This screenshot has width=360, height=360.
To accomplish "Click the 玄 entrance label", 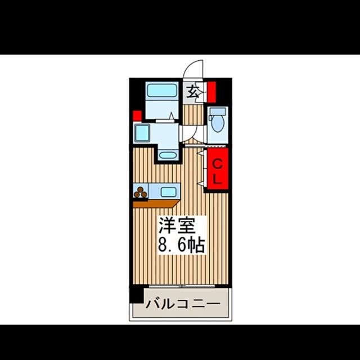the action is pos(192,92).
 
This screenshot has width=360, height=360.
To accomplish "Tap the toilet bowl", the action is pos(218,124).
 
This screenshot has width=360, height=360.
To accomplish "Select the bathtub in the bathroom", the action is pos(162,90).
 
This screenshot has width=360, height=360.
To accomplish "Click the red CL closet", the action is pos(218,169).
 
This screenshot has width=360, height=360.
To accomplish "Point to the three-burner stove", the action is pos(141,192).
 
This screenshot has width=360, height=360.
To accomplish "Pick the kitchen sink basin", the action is pos(169,192).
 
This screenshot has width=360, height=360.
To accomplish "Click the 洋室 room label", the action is pos(177,225).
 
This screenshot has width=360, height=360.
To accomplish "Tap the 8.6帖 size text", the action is pos(181,245).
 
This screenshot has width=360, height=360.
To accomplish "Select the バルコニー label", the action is pos(183,304).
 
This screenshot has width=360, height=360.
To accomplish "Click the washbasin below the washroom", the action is pos(168,155).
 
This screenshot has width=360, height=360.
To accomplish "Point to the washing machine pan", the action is pos(142,133).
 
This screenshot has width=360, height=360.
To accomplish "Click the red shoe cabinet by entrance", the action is pos(211,92).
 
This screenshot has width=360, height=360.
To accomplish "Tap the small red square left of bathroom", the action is pos(137,116).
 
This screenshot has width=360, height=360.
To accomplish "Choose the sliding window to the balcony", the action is pos(182,286).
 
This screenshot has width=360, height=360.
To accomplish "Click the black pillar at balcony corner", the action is pos(136,295).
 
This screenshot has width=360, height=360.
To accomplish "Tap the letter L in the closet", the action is pos(217,179).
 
